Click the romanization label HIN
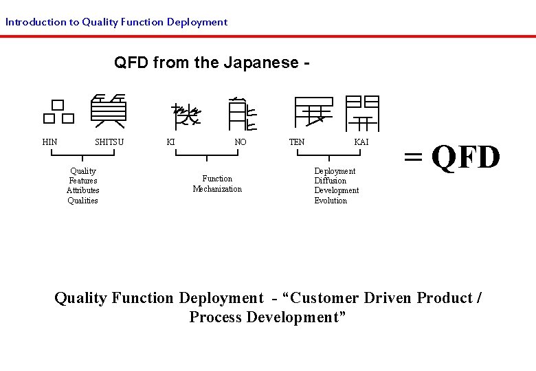pyautogui.click(x=49, y=142)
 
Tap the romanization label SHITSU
pyautogui.click(x=109, y=142)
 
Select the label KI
pyautogui.click(x=170, y=142)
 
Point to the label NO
pyautogui.click(x=241, y=142)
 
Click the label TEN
pyautogui.click(x=297, y=142)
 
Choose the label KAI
pyautogui.click(x=361, y=142)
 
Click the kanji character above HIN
pyautogui.click(x=58, y=112)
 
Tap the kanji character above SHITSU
pyautogui.click(x=109, y=111)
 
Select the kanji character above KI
pyautogui.click(x=186, y=115)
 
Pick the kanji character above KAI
pyautogui.click(x=362, y=113)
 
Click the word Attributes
pyautogui.click(x=82, y=190)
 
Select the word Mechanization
pyautogui.click(x=217, y=189)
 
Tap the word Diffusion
pyautogui.click(x=331, y=181)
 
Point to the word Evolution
pyautogui.click(x=331, y=201)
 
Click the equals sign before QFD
pyautogui.click(x=413, y=157)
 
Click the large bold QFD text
pyautogui.click(x=466, y=157)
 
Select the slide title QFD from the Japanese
pyautogui.click(x=212, y=63)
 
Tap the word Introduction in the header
pyautogui.click(x=35, y=22)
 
